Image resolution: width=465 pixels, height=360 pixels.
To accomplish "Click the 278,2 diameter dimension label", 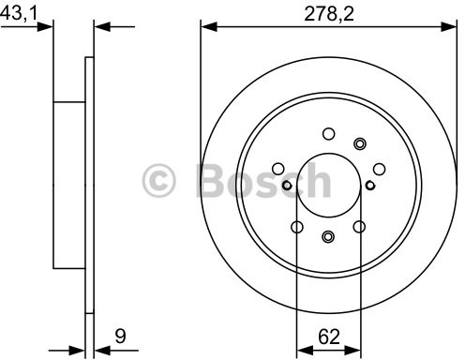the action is pos(329,14).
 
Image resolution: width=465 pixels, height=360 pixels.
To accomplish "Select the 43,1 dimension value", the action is pos(19,13).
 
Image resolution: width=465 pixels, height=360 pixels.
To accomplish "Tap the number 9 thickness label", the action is pos(120,337).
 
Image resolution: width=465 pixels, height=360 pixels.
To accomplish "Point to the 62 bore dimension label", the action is pos(329,337).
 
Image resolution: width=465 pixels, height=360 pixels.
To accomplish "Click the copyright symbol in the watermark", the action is pos(159,181).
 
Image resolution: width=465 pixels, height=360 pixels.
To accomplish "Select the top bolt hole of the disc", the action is pos(328,134).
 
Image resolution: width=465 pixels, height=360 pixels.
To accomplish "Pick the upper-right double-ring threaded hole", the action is pos(359,143).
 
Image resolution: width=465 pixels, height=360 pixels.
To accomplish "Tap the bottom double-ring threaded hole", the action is pos(327,236).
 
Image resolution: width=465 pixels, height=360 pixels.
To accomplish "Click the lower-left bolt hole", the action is pos(297,227).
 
